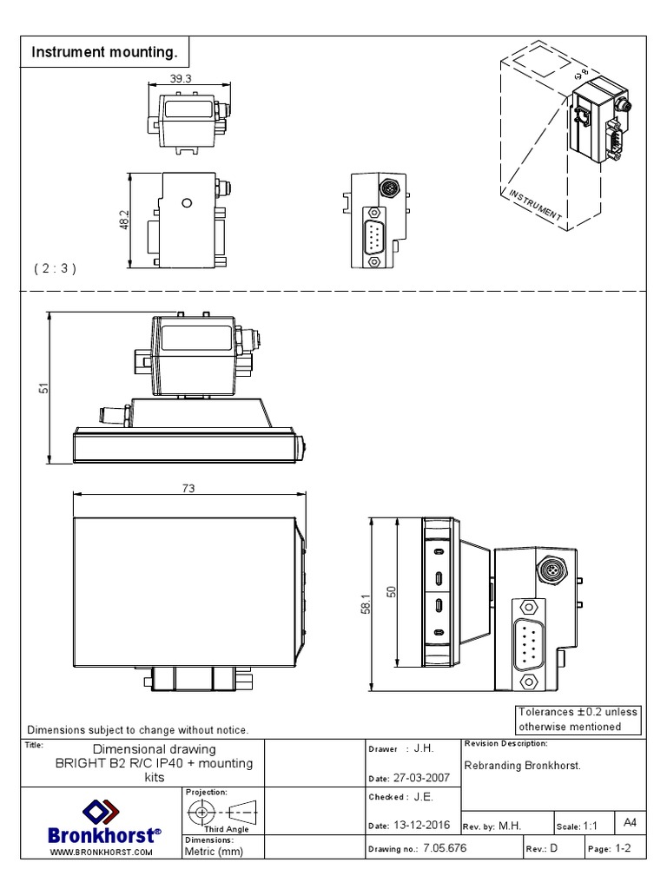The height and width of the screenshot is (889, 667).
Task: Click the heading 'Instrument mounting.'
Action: (x=104, y=53)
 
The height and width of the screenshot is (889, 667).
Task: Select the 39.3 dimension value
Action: (x=181, y=78)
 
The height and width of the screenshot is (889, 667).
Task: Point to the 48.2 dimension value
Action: (x=124, y=221)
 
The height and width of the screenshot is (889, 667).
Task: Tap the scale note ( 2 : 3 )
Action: (x=56, y=268)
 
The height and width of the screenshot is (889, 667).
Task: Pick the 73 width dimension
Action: (x=188, y=489)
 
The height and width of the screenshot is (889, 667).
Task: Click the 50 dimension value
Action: (x=391, y=592)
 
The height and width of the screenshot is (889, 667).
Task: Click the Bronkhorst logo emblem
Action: (x=101, y=813)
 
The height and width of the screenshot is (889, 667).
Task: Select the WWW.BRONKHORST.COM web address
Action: (x=102, y=853)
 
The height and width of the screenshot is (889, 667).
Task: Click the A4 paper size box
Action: (x=630, y=820)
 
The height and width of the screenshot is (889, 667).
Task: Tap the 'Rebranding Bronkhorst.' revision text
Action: (x=522, y=766)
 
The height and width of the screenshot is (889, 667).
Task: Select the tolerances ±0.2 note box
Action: (x=578, y=719)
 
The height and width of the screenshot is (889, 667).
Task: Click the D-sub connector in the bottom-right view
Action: (x=528, y=640)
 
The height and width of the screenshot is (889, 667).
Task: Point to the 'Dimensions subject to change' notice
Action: (x=139, y=730)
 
